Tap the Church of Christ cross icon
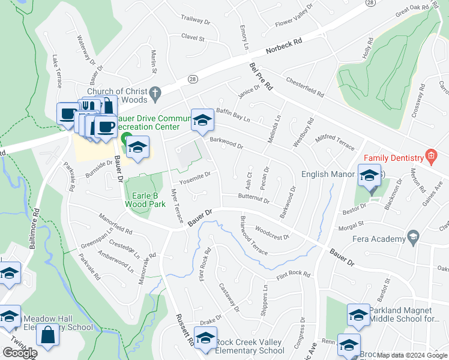pos(155,92)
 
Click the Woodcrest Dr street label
pos(272,232)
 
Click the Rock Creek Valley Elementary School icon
pos(205,338)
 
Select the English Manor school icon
pos(370,175)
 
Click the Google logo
pos(20,352)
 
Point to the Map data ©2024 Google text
pos(412,355)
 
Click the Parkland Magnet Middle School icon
pos(358,314)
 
